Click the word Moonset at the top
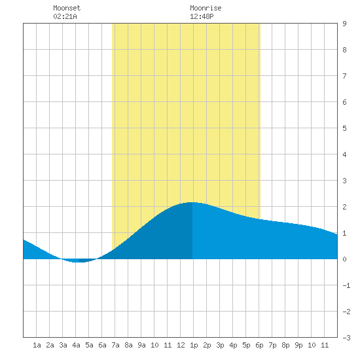point(67,8)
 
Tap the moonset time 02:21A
point(65,16)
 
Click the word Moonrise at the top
point(206,8)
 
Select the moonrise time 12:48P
point(202,16)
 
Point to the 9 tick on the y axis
point(344,24)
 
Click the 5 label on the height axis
point(344,128)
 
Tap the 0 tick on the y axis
point(344,259)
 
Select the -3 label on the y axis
point(346,338)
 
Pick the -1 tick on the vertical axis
point(346,285)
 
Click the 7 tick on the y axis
point(344,76)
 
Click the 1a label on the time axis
point(37,345)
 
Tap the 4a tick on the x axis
point(76,345)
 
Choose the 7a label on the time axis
point(115,345)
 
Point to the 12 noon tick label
point(181,345)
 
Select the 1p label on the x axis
point(194,345)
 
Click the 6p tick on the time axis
point(259,345)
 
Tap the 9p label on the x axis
point(298,345)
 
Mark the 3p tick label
point(220,345)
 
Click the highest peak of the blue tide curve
point(192,202)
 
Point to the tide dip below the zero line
point(79,262)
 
